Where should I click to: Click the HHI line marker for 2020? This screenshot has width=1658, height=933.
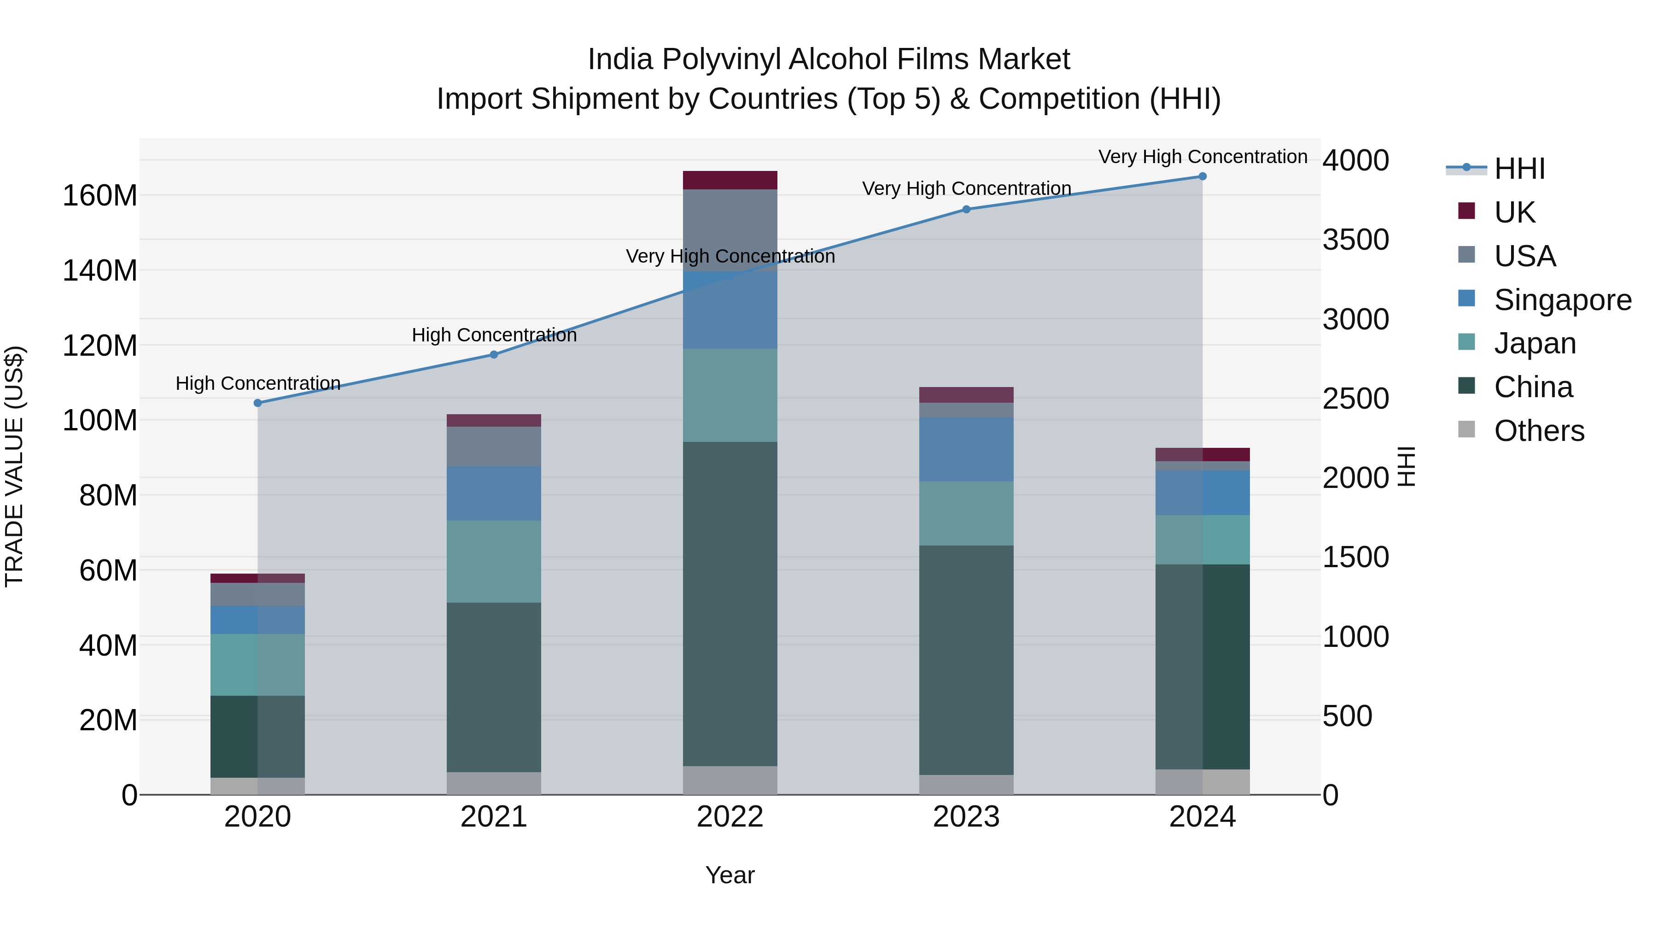point(257,403)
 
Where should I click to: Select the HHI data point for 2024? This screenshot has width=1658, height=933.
point(1203,176)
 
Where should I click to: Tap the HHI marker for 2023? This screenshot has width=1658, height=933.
point(966,209)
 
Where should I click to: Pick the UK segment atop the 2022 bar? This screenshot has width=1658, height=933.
point(730,180)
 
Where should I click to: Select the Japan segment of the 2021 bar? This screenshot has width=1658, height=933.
point(494,562)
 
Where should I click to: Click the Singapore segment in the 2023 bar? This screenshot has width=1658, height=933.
point(966,449)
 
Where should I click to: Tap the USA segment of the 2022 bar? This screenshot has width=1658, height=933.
point(730,230)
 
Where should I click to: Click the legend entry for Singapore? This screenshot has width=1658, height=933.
point(1562,300)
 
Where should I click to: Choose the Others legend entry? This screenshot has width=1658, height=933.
point(1539,431)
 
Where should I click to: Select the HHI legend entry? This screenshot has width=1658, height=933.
point(1519,169)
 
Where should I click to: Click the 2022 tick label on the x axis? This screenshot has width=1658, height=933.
point(730,817)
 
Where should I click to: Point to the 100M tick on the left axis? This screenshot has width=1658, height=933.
point(100,421)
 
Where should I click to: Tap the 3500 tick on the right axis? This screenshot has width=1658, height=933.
point(1355,240)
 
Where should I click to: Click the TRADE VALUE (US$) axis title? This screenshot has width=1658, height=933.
point(15,466)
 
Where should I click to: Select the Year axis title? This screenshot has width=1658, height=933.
point(730,875)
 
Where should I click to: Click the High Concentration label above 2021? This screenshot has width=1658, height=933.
point(494,335)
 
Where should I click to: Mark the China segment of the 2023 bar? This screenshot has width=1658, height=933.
point(966,660)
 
